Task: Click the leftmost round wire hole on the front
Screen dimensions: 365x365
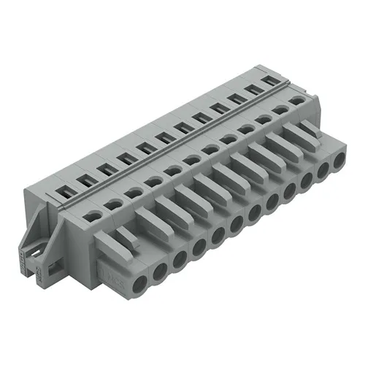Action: click(139, 268)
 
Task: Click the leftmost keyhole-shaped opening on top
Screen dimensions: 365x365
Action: click(93, 215)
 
